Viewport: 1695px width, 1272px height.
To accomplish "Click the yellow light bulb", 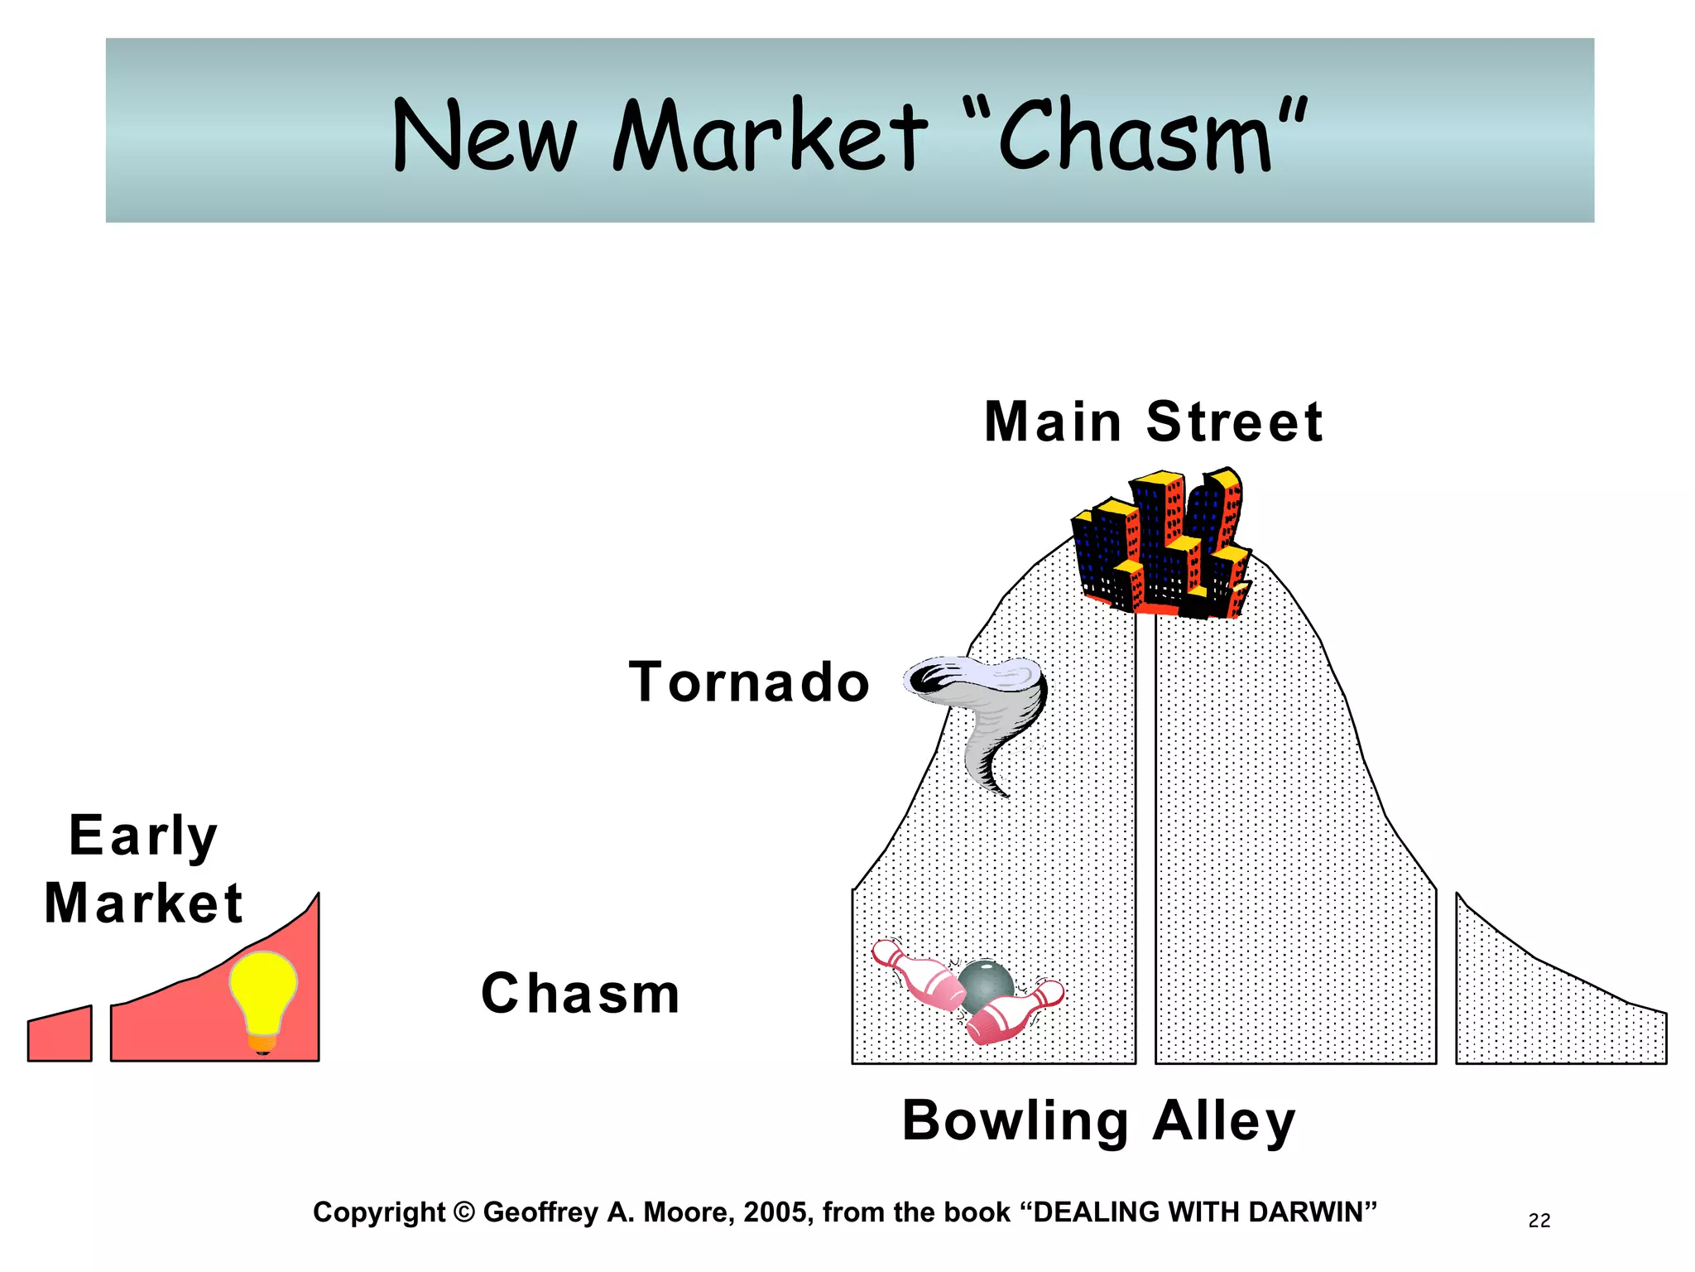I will point(262,992).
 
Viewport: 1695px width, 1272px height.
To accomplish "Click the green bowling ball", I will point(987,985).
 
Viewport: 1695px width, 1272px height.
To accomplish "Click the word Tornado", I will point(749,683).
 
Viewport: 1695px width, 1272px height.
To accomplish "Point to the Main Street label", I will point(1154,422).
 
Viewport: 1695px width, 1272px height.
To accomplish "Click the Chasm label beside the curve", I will point(580,994).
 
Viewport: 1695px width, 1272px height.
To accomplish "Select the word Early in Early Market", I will point(143,836).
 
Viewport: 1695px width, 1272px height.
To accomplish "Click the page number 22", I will point(1539,1221).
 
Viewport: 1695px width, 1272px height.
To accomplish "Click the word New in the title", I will point(484,137).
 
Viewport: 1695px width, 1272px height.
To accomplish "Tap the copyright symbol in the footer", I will point(464,1212).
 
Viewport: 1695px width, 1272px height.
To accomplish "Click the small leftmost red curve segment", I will point(60,1035).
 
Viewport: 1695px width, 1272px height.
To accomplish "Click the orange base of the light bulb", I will point(262,1045).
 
